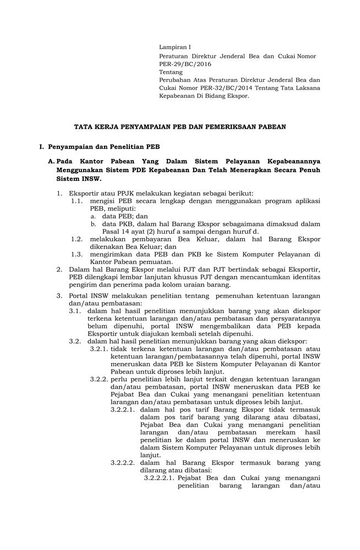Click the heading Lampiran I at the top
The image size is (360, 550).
(x=174, y=47)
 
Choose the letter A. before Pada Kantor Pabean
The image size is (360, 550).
(x=52, y=162)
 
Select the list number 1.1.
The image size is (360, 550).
(x=77, y=201)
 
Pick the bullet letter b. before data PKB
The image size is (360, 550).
(x=94, y=224)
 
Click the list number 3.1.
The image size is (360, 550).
(x=75, y=311)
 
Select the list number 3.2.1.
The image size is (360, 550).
(x=99, y=348)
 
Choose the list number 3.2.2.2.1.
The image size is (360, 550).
(x=159, y=478)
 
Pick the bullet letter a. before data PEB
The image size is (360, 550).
(x=94, y=216)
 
